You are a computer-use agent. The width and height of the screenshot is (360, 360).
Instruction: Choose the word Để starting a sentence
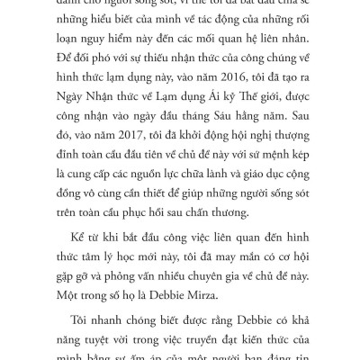coord(65,61)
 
